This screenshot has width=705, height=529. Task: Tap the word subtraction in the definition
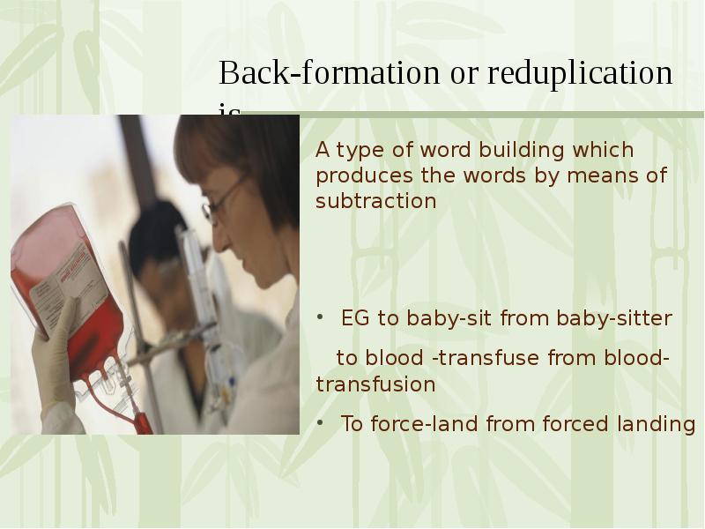tap(375, 201)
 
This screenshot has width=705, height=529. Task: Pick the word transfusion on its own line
tap(375, 384)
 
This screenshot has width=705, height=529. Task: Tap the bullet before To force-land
tap(322, 423)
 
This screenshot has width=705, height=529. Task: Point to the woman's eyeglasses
tap(220, 198)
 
